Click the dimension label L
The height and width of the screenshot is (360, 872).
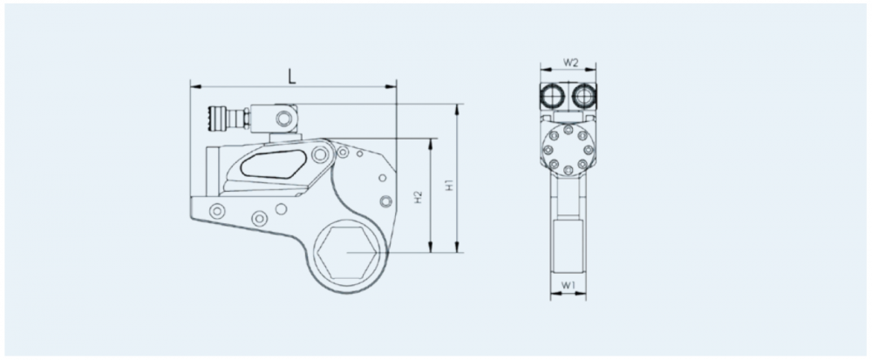pos(292,77)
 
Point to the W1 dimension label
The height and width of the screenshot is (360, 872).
pos(568,285)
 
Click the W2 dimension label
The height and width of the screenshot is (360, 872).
pos(571,62)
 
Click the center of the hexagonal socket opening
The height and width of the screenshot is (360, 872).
pos(347,252)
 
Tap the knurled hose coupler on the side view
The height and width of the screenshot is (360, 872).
pos(215,119)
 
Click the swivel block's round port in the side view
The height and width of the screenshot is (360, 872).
pos(284,118)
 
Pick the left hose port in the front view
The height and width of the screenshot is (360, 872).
pos(552,97)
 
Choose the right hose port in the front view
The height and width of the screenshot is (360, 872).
pos(583,97)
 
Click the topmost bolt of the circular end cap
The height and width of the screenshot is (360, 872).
pos(568,130)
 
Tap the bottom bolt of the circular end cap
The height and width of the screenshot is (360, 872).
pos(568,171)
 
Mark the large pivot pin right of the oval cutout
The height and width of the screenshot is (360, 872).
pos(320,154)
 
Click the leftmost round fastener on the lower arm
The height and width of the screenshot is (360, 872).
pos(216,211)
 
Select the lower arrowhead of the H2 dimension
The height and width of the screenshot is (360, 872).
pos(431,248)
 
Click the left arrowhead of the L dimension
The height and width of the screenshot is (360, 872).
pos(195,86)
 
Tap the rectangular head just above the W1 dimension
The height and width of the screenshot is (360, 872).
pos(568,245)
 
